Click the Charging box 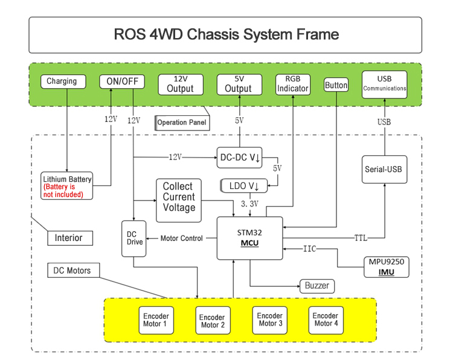point(62,82)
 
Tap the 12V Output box point(180,85)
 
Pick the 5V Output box point(239,85)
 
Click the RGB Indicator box point(293,85)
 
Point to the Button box point(336,85)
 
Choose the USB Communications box point(384,85)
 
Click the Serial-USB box point(384,170)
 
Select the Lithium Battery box point(67,186)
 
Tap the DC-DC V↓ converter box point(240,158)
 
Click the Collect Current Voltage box point(178,201)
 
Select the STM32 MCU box point(250,238)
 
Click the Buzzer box point(317,286)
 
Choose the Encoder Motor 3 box point(269,320)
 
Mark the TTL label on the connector point(361,238)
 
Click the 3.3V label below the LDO point(249,204)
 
